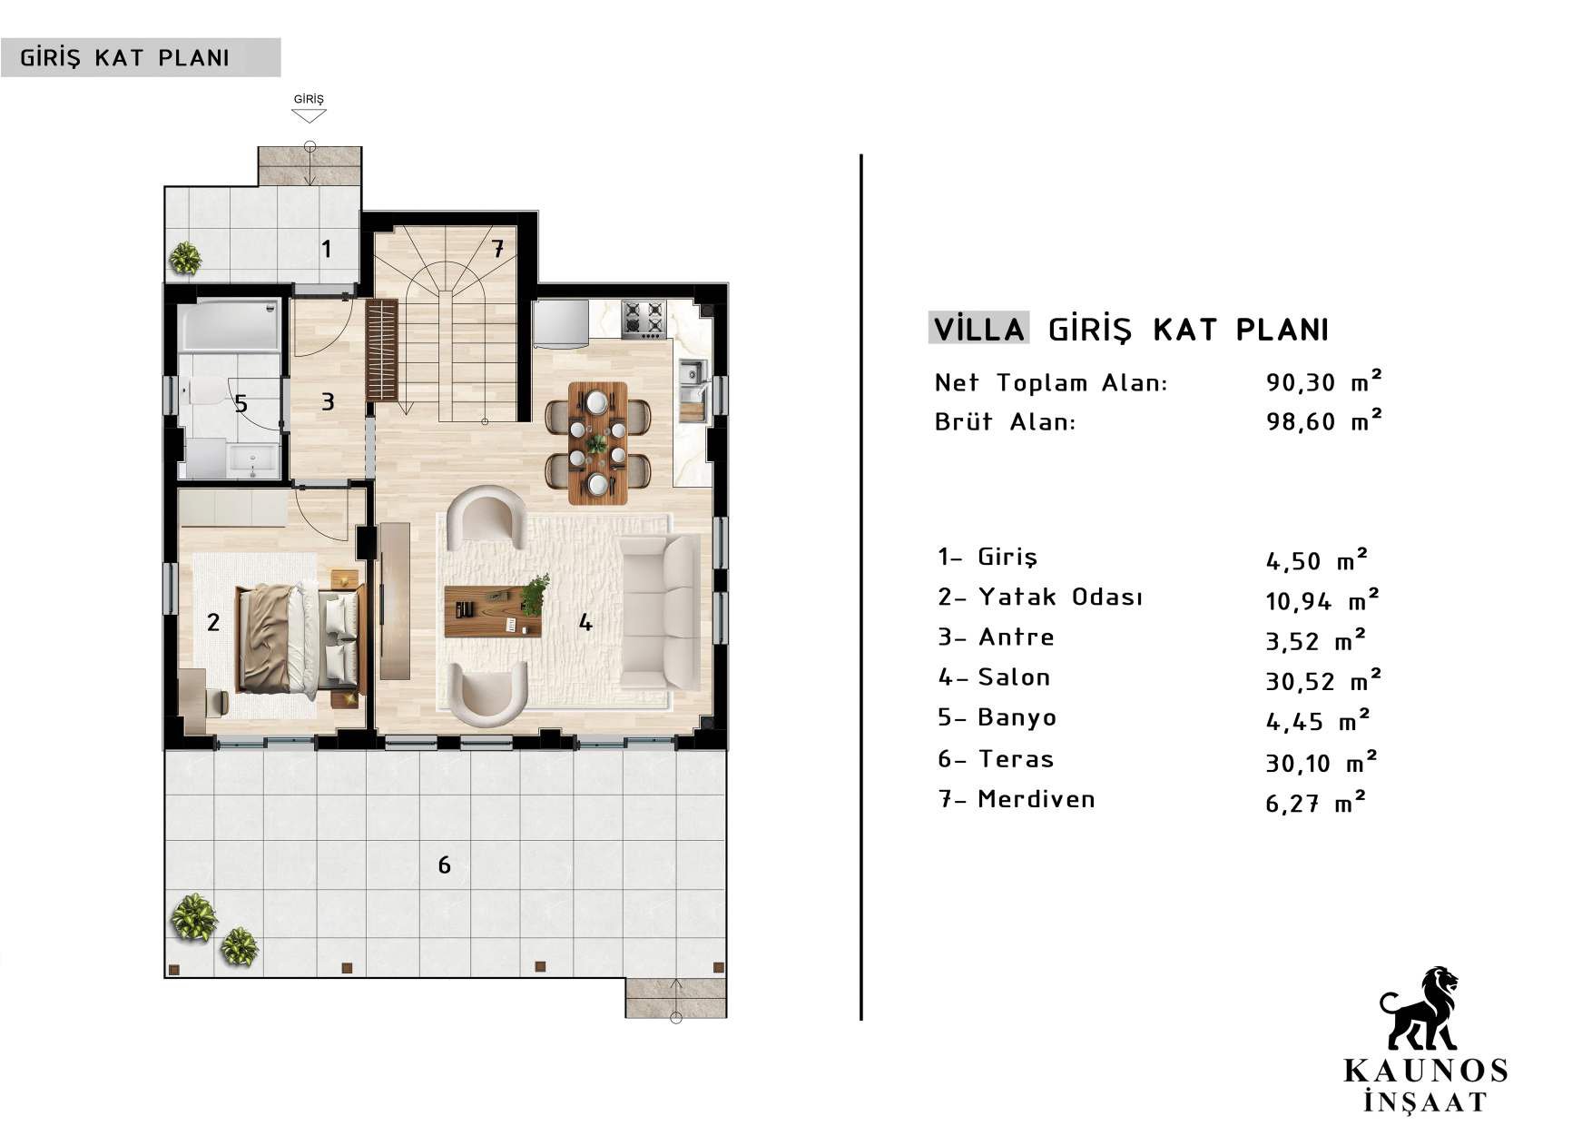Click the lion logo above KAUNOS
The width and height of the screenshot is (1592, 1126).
[1420, 1009]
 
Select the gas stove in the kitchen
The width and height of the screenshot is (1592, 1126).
[644, 319]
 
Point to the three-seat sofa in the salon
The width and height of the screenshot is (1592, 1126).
[660, 611]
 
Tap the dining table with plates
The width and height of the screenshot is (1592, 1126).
[597, 443]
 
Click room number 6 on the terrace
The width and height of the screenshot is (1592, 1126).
[444, 864]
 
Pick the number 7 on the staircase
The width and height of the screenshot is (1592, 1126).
[497, 248]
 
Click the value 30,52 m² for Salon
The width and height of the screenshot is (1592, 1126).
[1323, 680]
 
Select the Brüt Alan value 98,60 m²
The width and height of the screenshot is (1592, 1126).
[1324, 421]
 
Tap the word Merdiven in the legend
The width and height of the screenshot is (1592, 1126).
[1037, 799]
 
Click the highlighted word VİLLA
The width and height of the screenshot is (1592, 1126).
[979, 329]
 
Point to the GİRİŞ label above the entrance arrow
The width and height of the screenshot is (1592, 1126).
[309, 99]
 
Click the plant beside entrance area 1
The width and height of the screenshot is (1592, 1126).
[186, 259]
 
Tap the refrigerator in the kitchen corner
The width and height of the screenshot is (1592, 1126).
[560, 324]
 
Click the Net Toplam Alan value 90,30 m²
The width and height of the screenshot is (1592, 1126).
[1324, 381]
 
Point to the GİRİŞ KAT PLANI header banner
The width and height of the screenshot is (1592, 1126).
[141, 57]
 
